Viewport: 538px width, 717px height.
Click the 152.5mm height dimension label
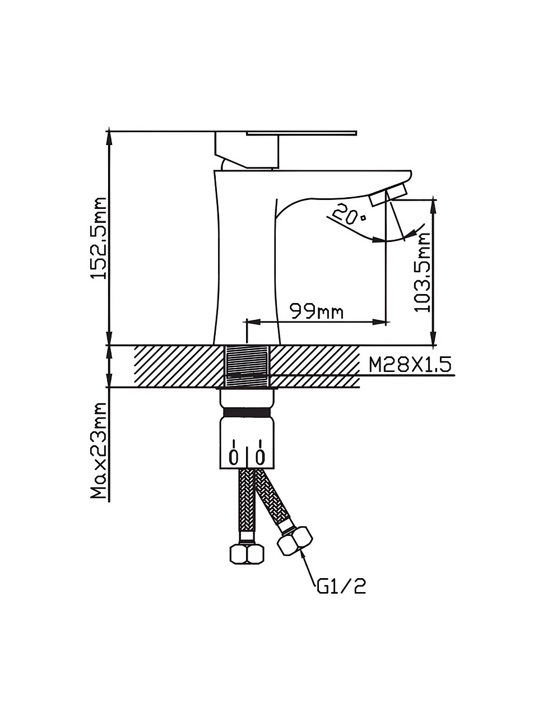click(x=99, y=238)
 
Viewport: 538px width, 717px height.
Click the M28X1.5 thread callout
click(x=410, y=364)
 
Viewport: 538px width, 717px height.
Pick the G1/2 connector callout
click(x=341, y=587)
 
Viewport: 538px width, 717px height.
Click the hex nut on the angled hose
click(x=295, y=541)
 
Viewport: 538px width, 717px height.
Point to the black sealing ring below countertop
click(x=247, y=412)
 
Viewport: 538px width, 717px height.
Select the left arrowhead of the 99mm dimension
click(x=254, y=322)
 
